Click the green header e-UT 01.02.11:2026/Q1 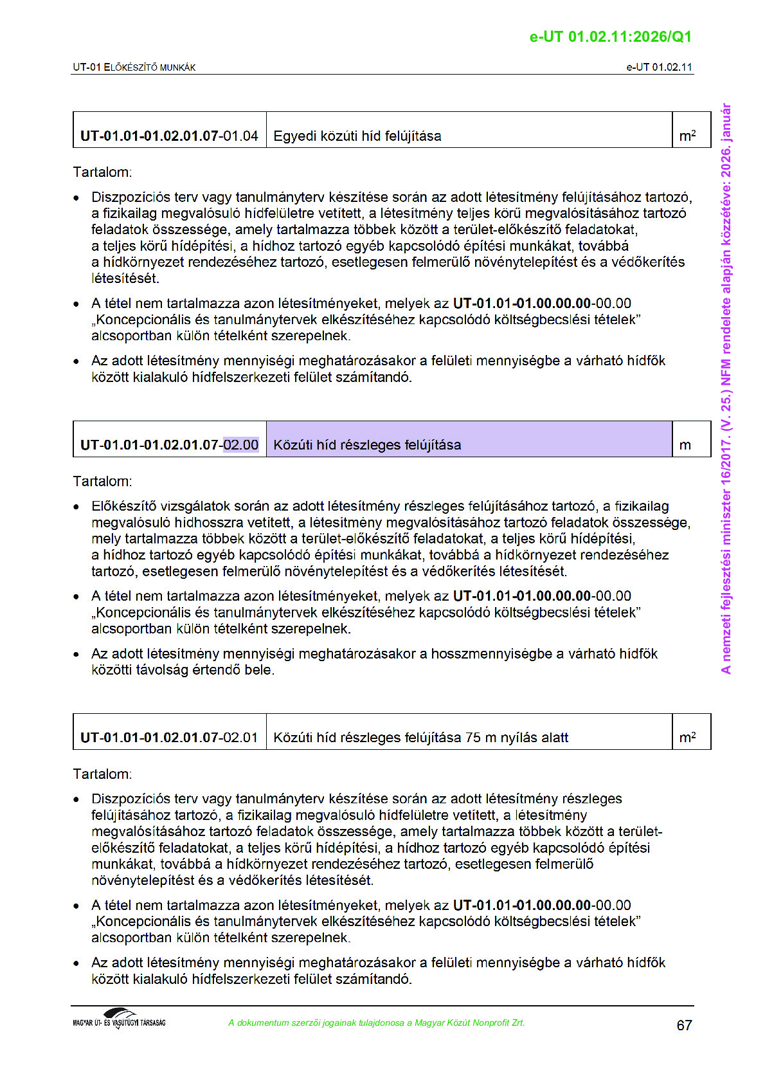[610, 37]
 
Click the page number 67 [684, 1025]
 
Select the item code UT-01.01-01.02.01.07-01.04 [169, 136]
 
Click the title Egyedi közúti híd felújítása [357, 136]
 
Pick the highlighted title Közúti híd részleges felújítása [367, 444]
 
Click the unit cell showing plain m [685, 444]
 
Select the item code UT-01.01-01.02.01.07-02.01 [169, 737]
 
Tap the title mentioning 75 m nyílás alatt [421, 737]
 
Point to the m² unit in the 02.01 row [687, 737]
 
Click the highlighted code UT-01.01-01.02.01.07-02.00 [169, 444]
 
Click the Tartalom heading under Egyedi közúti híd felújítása [102, 172]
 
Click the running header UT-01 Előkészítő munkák [134, 67]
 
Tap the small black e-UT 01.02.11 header [659, 67]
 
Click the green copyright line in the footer [376, 1023]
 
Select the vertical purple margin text [726, 388]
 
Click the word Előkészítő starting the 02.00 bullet [123, 506]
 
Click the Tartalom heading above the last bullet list [102, 774]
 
